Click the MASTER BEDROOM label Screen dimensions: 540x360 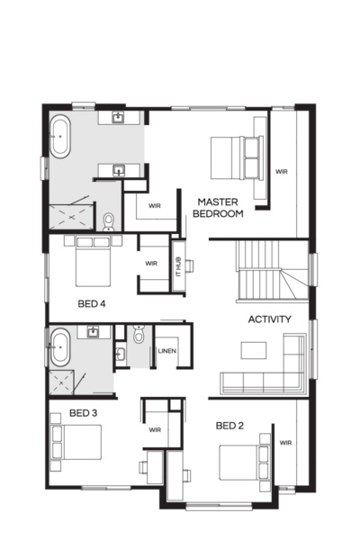220,208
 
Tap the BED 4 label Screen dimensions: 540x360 92,304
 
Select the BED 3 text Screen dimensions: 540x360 83,413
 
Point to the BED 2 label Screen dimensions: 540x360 229,425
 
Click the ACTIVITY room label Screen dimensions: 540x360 269,319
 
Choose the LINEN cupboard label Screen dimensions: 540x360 167,351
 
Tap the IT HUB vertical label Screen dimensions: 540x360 177,266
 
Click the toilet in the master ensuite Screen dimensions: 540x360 108,220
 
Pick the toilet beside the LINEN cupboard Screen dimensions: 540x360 136,337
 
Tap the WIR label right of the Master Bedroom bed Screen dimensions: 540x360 281,170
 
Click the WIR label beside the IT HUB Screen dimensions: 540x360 150,263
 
